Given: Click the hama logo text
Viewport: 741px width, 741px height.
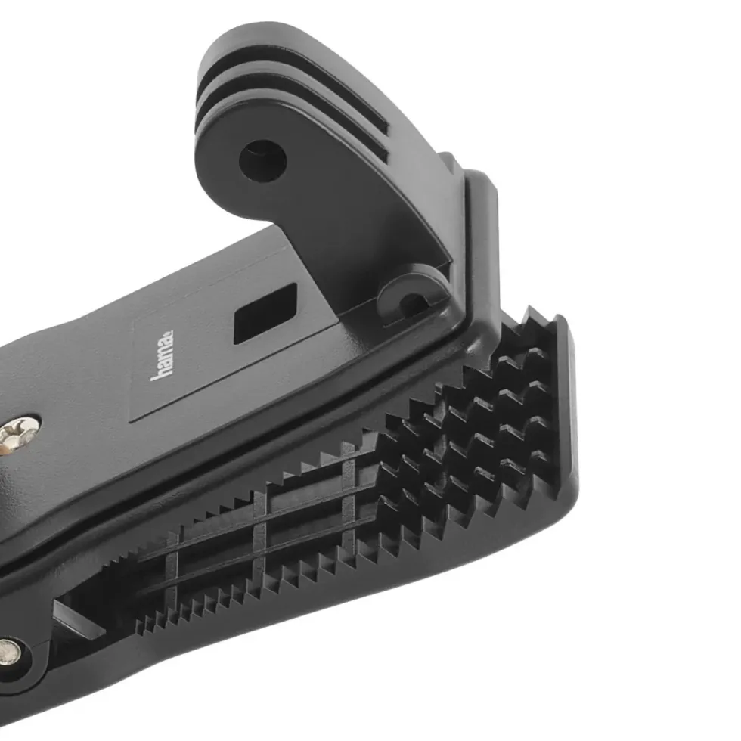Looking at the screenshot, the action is [162, 355].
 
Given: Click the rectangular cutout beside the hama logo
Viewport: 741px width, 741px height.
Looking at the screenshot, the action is [265, 313].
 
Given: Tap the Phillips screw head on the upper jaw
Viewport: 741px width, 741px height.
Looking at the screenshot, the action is [18, 434].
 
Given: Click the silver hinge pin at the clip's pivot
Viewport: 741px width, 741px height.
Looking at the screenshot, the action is [8, 652].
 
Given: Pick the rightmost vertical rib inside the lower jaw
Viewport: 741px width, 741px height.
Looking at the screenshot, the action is [348, 491].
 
